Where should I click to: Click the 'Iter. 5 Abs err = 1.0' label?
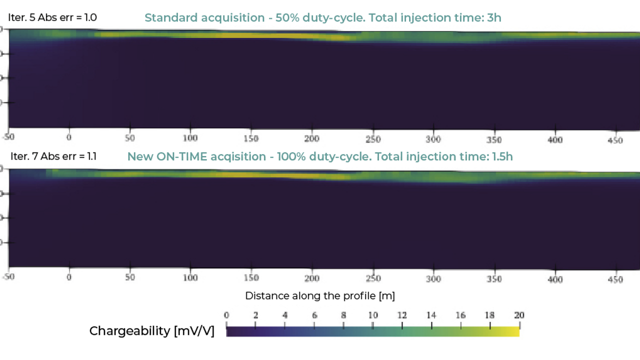click(x=52, y=17)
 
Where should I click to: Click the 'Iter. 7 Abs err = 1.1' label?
click(x=53, y=156)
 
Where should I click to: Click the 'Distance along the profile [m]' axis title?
click(x=320, y=296)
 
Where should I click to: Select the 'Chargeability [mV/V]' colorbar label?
click(x=151, y=331)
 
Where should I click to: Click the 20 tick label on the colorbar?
click(x=519, y=315)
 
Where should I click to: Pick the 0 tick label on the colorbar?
click(x=226, y=315)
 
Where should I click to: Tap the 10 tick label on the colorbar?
click(x=373, y=315)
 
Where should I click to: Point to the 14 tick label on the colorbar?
click(x=431, y=315)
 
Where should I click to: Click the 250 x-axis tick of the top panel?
click(x=373, y=139)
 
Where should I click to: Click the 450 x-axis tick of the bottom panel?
click(x=615, y=279)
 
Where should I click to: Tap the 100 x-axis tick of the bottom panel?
click(x=190, y=278)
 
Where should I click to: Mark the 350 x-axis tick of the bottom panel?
click(x=494, y=279)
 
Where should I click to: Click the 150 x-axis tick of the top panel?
click(x=251, y=138)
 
